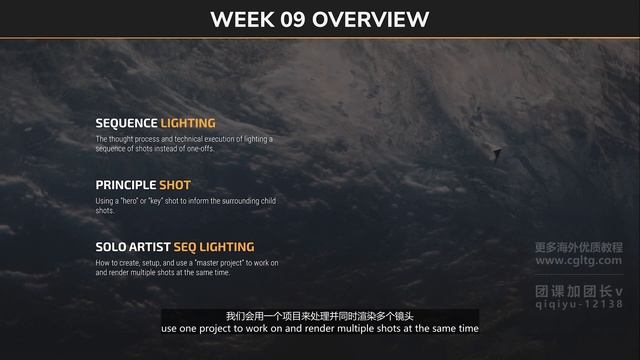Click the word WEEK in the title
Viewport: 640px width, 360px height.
pos(245,19)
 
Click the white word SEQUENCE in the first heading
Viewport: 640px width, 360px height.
pos(127,123)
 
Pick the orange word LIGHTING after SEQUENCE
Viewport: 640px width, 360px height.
pos(188,123)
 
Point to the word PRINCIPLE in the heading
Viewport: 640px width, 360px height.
pos(126,185)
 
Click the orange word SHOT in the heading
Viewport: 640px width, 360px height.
pos(175,185)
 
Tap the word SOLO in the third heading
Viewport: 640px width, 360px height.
pos(110,246)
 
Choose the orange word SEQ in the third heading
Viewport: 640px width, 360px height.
pos(186,246)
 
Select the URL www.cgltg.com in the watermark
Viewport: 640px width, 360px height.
pos(578,261)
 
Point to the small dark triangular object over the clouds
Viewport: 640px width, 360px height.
pos(496,152)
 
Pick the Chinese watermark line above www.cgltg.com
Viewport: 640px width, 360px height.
pos(578,247)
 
